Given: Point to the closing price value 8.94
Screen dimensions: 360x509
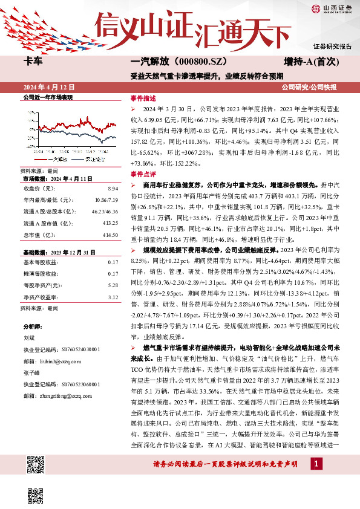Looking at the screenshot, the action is (x=113, y=189).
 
